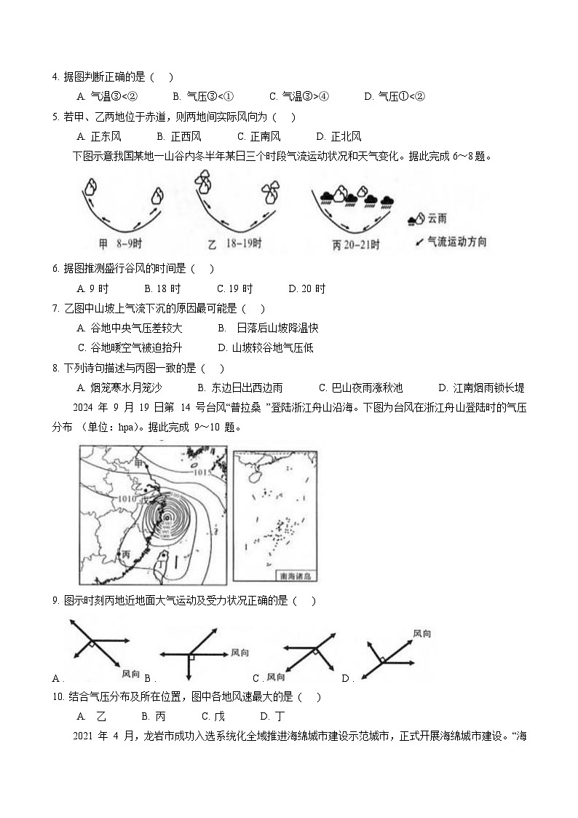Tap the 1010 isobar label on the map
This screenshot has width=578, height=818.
pos(127,498)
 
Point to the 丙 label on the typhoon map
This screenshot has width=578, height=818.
pos(127,554)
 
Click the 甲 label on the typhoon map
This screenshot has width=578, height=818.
pos(140,461)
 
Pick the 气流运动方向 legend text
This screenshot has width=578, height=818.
pos(457,241)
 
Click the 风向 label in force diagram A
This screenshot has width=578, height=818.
pos(131,673)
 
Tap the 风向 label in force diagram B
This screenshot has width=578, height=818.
pos(240,652)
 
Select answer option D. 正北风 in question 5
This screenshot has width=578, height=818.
pos(339,136)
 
